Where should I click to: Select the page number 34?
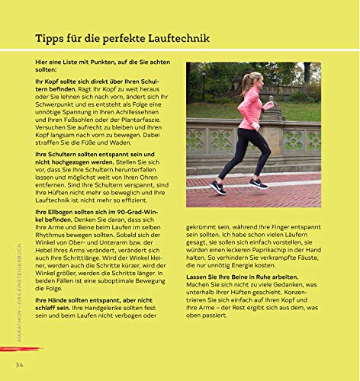click(x=20, y=367)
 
